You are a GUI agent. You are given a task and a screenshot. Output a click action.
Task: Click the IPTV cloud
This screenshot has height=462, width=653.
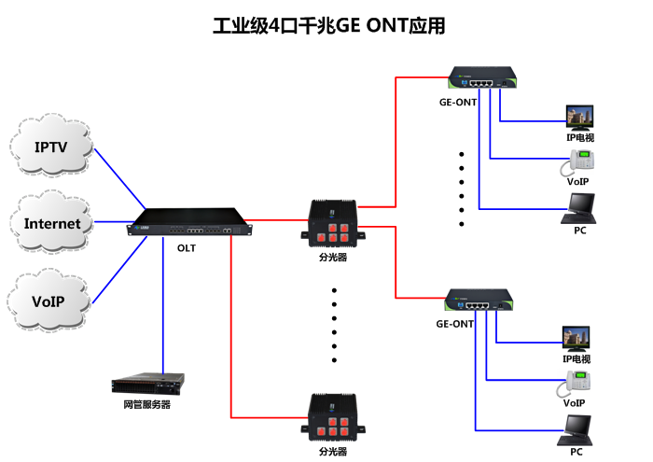coord(52,147)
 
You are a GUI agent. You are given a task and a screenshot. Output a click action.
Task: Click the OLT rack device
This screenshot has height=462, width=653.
coord(191,228)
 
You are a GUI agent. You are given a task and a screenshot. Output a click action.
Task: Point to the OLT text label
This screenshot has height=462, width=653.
coord(187,248)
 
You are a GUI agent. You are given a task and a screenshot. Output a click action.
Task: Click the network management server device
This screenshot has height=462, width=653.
coord(147,384)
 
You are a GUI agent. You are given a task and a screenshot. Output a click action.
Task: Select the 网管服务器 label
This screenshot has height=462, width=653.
coord(147,405)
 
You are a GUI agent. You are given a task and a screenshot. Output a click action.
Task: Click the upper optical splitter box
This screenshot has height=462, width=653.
coord(333,228)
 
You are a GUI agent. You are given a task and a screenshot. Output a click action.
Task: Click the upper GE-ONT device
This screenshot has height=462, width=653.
coord(482,78)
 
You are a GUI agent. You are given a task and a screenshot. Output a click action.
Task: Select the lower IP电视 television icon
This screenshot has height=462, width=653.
coord(576,338)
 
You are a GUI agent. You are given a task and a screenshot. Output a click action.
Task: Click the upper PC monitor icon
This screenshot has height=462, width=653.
coord(579,209)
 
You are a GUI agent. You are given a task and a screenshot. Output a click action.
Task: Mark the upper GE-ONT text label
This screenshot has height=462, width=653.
coord(458,103)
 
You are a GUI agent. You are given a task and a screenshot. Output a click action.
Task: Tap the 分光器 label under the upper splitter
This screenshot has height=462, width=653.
coord(333,257)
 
